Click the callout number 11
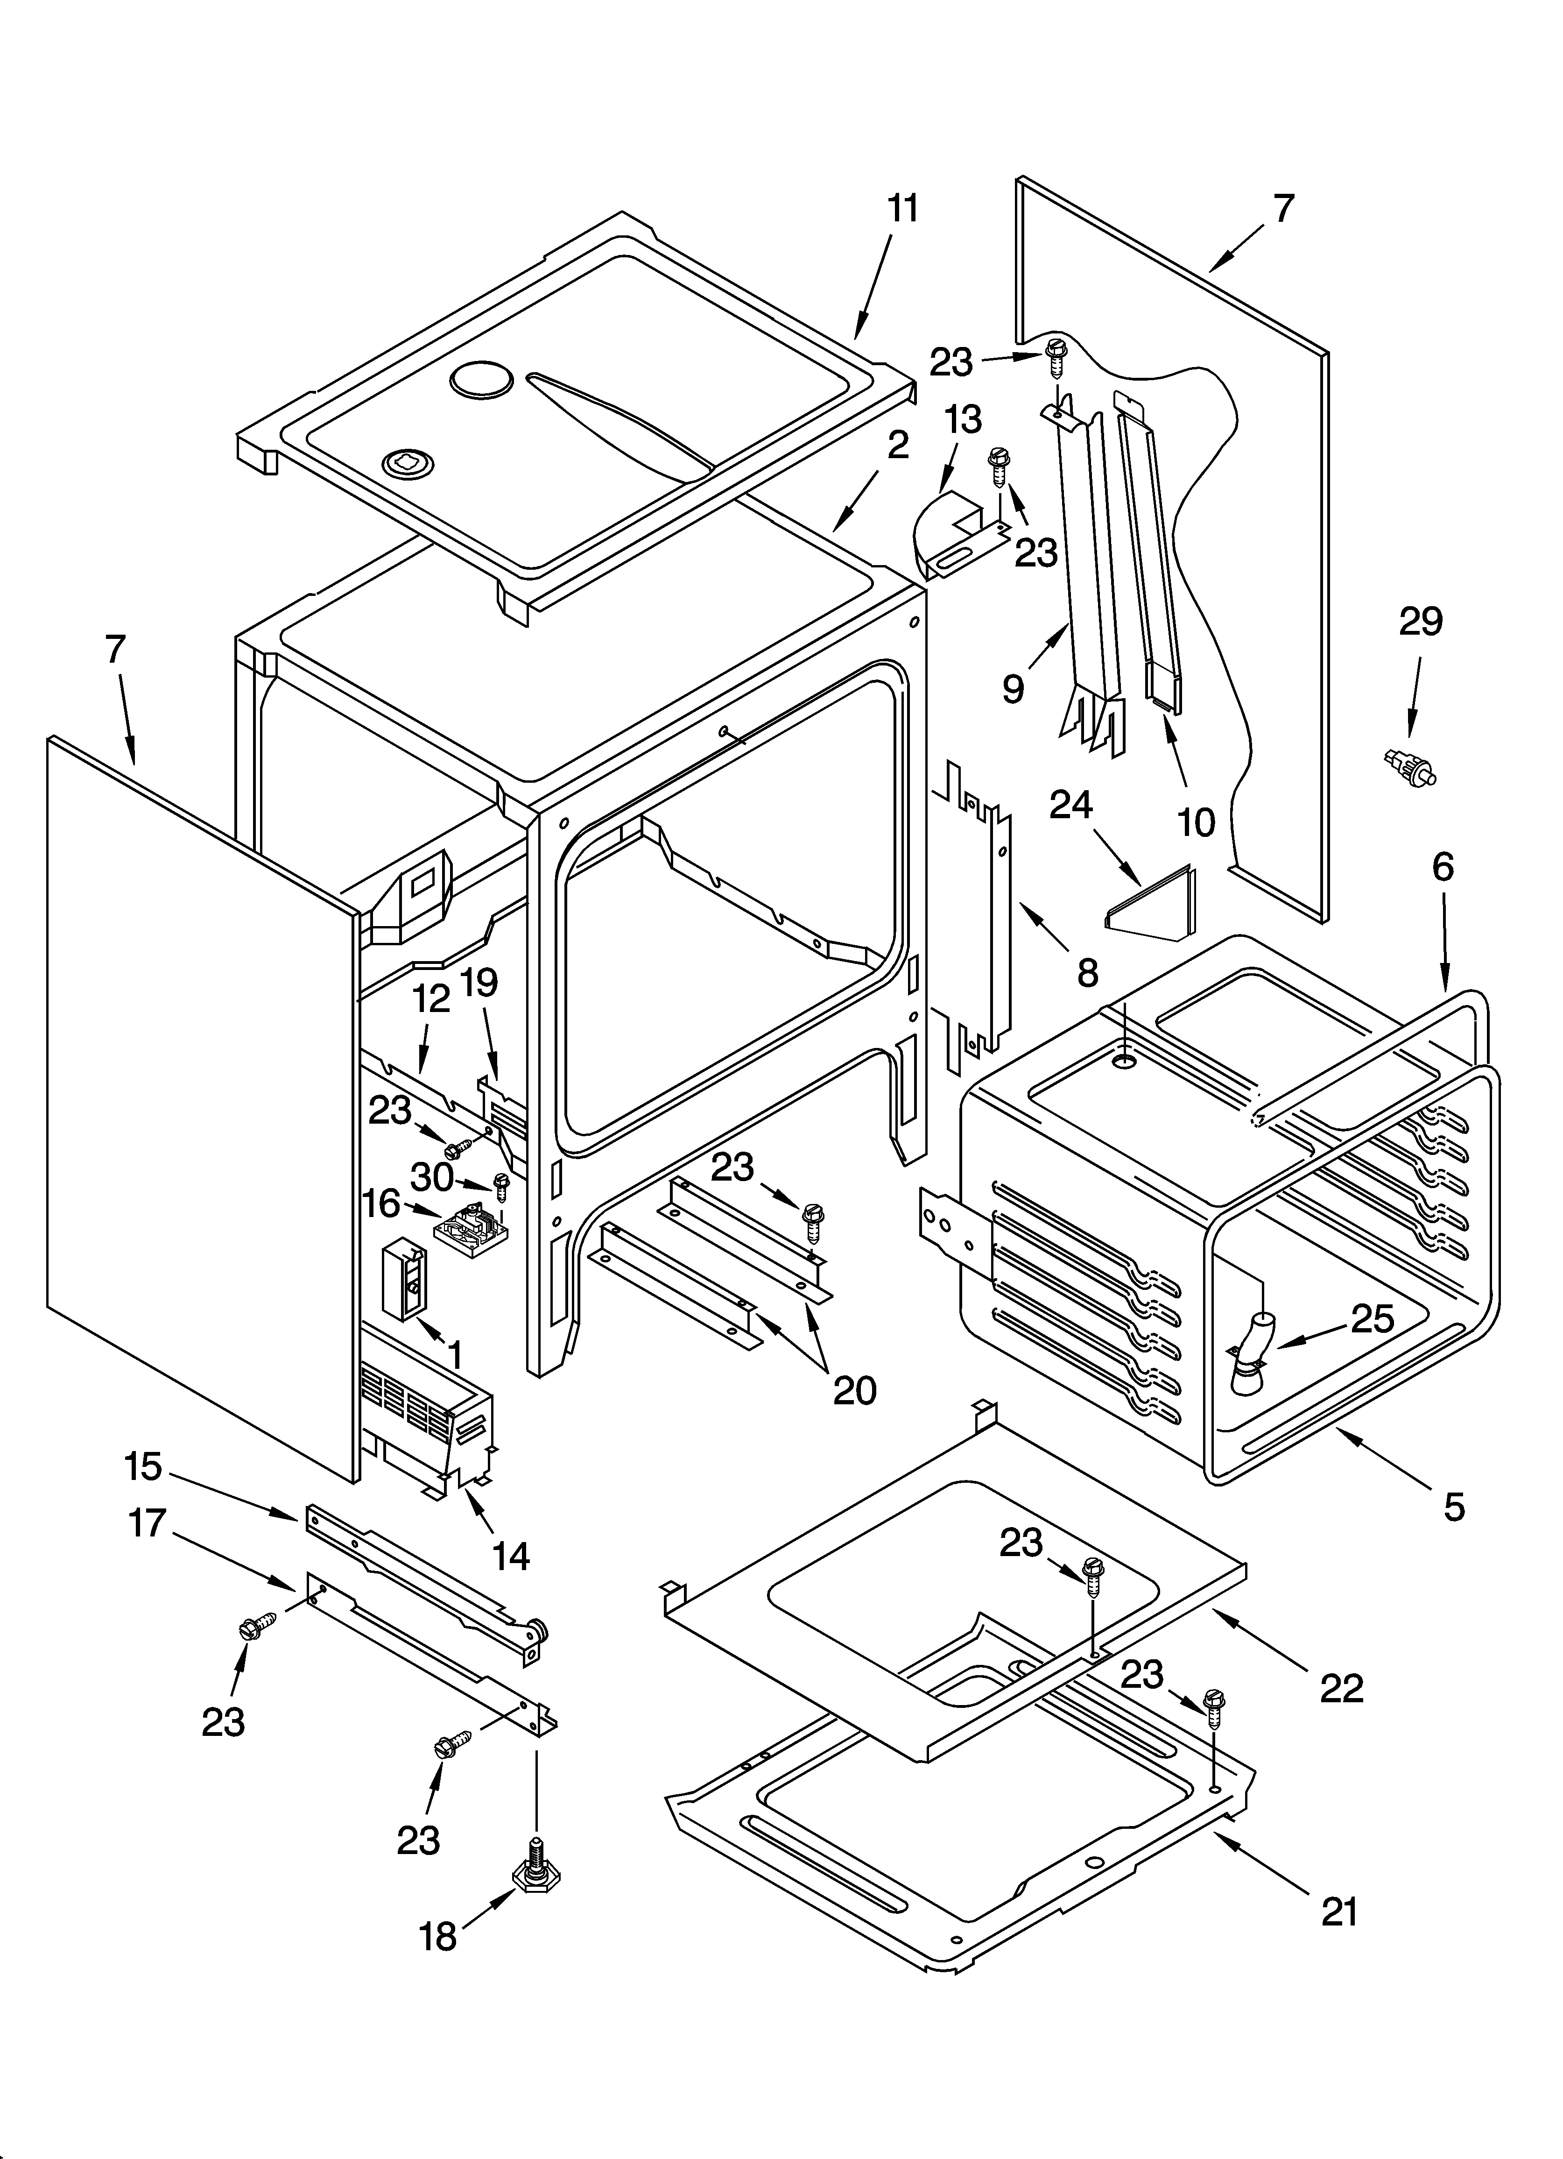(902, 208)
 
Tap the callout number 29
(1420, 622)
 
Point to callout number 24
(1071, 805)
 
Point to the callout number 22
(1341, 1688)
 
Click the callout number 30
(431, 1177)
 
